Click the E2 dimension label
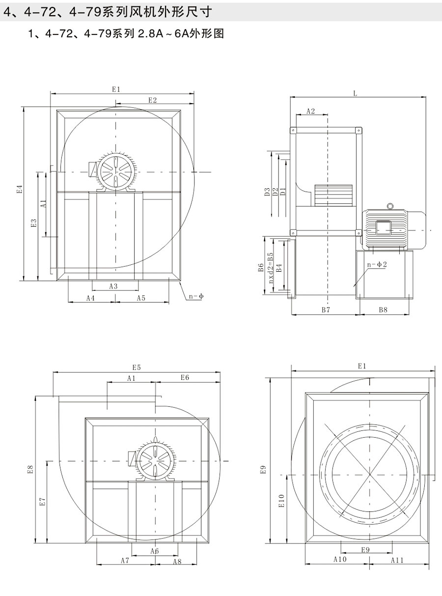click(152, 100)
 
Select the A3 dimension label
click(113, 286)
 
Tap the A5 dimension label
click(141, 298)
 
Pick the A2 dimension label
click(310, 111)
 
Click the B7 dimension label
click(325, 310)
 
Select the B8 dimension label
click(383, 310)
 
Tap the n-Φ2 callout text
click(377, 264)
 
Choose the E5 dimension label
click(136, 368)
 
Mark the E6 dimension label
click(185, 377)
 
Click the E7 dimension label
click(43, 501)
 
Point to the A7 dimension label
click(125, 561)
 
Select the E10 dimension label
click(281, 501)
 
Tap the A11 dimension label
click(397, 560)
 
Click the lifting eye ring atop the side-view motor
click(390, 206)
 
